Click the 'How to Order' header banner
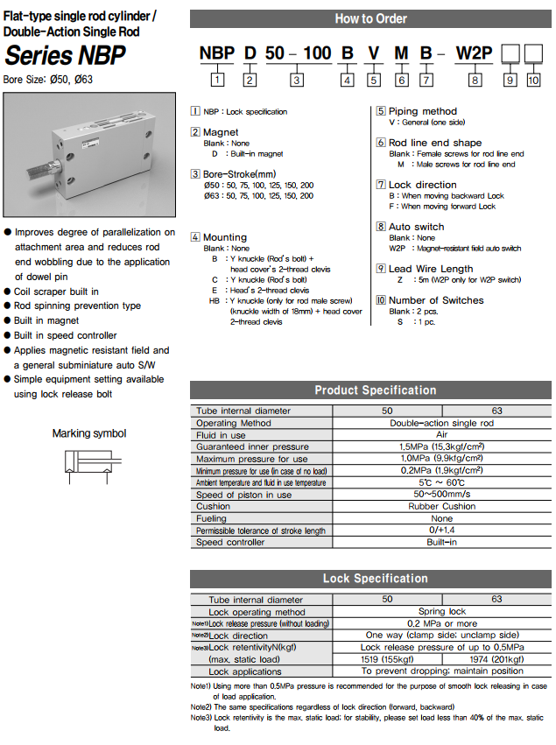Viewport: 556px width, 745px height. tap(370, 18)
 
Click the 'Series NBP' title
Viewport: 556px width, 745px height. tap(65, 56)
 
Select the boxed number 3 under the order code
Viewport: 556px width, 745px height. tap(297, 81)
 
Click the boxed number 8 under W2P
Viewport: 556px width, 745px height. tap(475, 81)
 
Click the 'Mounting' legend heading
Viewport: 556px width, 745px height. tap(225, 237)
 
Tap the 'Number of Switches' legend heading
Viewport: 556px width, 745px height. tap(435, 300)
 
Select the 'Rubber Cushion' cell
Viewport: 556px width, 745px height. tap(442, 506)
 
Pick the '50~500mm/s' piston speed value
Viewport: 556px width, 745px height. tap(442, 495)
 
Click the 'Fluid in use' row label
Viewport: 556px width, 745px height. tap(221, 435)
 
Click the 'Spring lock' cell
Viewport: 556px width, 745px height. tap(442, 611)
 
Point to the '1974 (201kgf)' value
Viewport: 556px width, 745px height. tap(496, 658)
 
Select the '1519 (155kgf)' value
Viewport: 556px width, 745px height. tap(388, 658)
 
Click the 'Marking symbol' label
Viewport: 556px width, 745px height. tap(89, 433)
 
